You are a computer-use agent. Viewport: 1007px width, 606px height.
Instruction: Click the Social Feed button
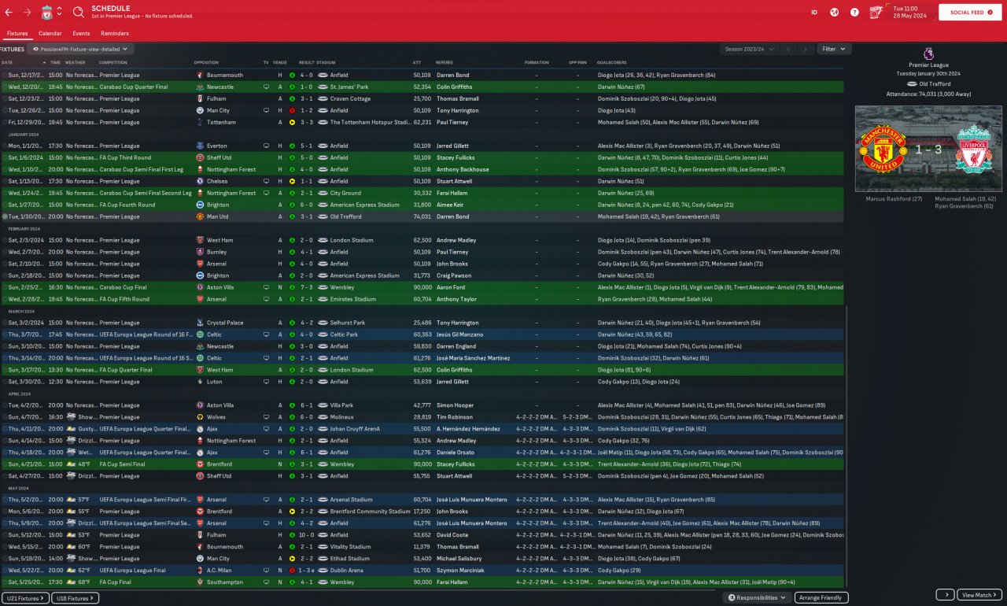969,13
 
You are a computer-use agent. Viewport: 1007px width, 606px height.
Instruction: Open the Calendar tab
50,34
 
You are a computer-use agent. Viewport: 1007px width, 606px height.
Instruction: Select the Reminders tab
115,34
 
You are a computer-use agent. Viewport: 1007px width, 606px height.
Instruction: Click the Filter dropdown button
833,49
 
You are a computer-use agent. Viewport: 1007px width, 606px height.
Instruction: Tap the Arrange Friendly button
821,598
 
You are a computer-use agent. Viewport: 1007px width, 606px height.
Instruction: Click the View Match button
979,595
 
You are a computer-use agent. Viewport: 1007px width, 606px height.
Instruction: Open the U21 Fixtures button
26,598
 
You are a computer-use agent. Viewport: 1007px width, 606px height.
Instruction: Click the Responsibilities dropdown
756,598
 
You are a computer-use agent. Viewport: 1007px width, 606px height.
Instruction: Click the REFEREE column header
444,62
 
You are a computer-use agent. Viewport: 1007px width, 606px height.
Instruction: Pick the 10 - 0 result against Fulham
305,535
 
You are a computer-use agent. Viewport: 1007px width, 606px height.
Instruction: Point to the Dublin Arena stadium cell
346,571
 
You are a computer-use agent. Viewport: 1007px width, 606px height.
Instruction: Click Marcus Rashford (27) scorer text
883,199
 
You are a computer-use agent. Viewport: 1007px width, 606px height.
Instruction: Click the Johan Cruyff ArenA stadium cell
355,429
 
